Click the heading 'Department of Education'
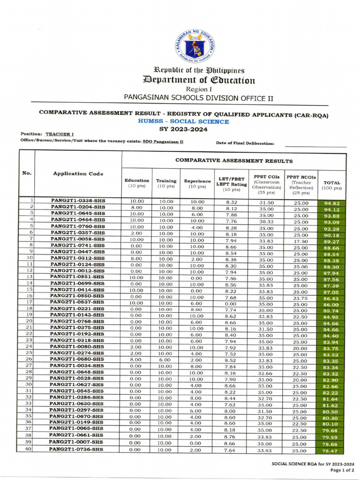[x=199, y=80]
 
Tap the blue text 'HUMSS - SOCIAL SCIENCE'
[x=183, y=121]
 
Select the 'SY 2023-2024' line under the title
[x=183, y=129]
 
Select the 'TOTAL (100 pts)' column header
[x=331, y=185]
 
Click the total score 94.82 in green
[x=331, y=203]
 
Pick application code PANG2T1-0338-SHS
[x=78, y=201]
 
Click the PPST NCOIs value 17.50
[x=301, y=241]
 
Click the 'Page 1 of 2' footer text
[x=337, y=470]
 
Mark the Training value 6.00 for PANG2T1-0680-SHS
[x=165, y=360]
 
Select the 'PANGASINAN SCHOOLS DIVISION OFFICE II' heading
[x=198, y=97]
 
